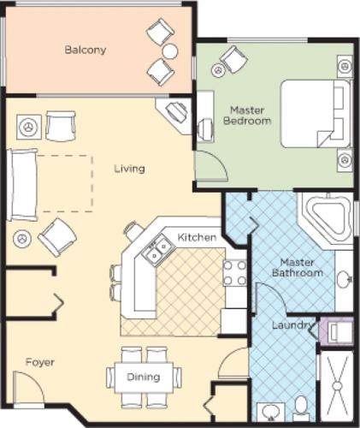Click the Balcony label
point(86,50)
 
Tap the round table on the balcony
point(170,51)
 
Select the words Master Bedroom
point(247,116)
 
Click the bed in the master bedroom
point(316,114)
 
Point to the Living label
point(130,169)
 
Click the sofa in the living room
point(22,185)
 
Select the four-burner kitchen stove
point(234,273)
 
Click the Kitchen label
point(197,237)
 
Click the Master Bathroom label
point(298,267)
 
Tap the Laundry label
point(292,325)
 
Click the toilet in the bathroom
point(301,408)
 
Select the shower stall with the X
point(337,386)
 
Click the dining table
point(144,377)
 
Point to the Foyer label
point(40,362)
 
